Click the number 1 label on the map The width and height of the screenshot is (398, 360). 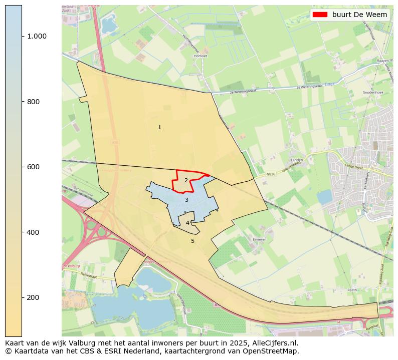tap(159, 128)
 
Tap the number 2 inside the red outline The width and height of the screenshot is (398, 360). tap(186, 181)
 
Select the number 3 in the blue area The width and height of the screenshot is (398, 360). tap(186, 200)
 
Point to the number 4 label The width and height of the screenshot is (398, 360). tap(187, 223)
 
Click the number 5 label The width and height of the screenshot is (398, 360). tap(192, 241)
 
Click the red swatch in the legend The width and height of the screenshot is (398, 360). tap(320, 15)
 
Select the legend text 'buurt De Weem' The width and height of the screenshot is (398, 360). tap(359, 15)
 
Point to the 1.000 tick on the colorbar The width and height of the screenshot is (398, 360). tap(37, 36)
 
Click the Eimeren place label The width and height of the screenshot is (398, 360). tap(259, 240)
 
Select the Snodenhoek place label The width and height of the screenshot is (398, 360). tap(372, 93)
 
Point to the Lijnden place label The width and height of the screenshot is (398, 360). tap(297, 160)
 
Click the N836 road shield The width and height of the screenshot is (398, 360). tap(271, 174)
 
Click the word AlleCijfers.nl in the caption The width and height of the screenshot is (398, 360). tap(274, 343)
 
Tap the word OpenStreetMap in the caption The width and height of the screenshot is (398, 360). tap(274, 351)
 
